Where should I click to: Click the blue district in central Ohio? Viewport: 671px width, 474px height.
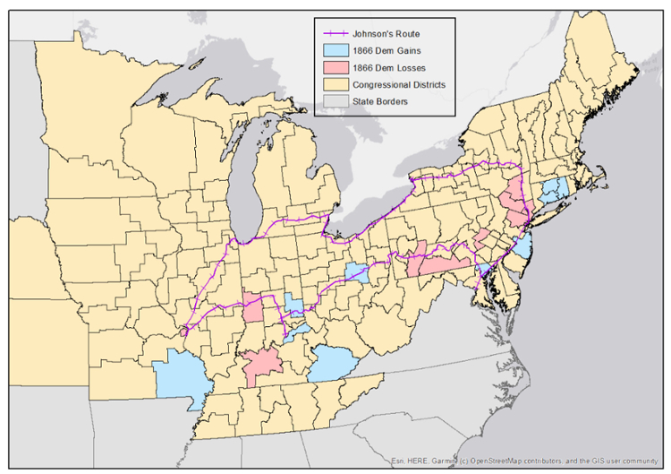coord(358,272)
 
